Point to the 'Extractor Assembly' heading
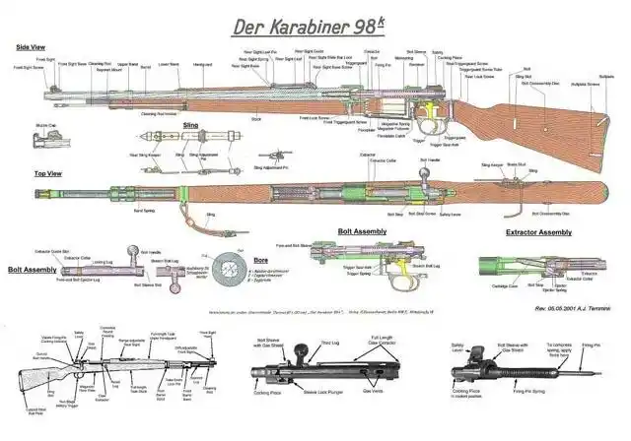[537, 232]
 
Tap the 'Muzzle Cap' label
[44, 125]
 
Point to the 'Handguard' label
[203, 65]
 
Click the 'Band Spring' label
[144, 210]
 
